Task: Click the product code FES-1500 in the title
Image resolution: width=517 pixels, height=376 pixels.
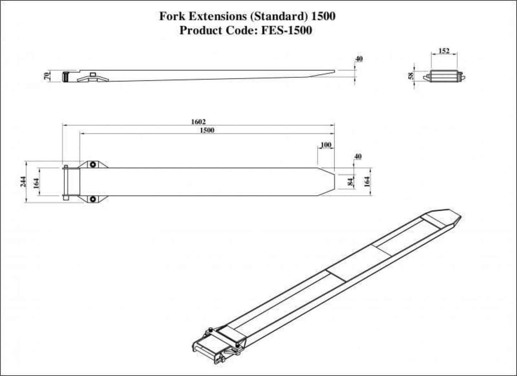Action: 286,30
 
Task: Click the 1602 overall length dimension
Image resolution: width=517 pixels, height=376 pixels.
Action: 198,122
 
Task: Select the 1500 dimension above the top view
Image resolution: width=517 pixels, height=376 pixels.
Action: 206,130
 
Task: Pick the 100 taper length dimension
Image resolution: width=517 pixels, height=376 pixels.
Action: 326,145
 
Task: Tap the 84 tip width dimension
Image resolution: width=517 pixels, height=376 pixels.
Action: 351,181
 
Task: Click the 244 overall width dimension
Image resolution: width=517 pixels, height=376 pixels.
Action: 23,182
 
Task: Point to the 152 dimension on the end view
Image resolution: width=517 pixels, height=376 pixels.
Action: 444,51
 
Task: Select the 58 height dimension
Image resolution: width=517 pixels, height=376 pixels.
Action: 411,76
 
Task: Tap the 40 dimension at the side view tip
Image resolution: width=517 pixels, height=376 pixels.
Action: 359,58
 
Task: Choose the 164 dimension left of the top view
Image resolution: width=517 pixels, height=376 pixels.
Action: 36,182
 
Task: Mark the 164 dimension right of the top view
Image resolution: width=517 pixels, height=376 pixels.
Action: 367,181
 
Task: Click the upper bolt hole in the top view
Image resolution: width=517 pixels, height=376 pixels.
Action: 93,164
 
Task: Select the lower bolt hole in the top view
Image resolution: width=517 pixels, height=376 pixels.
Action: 93,199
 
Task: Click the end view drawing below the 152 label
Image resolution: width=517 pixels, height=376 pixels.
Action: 444,76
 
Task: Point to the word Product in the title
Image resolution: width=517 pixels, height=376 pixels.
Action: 201,30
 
